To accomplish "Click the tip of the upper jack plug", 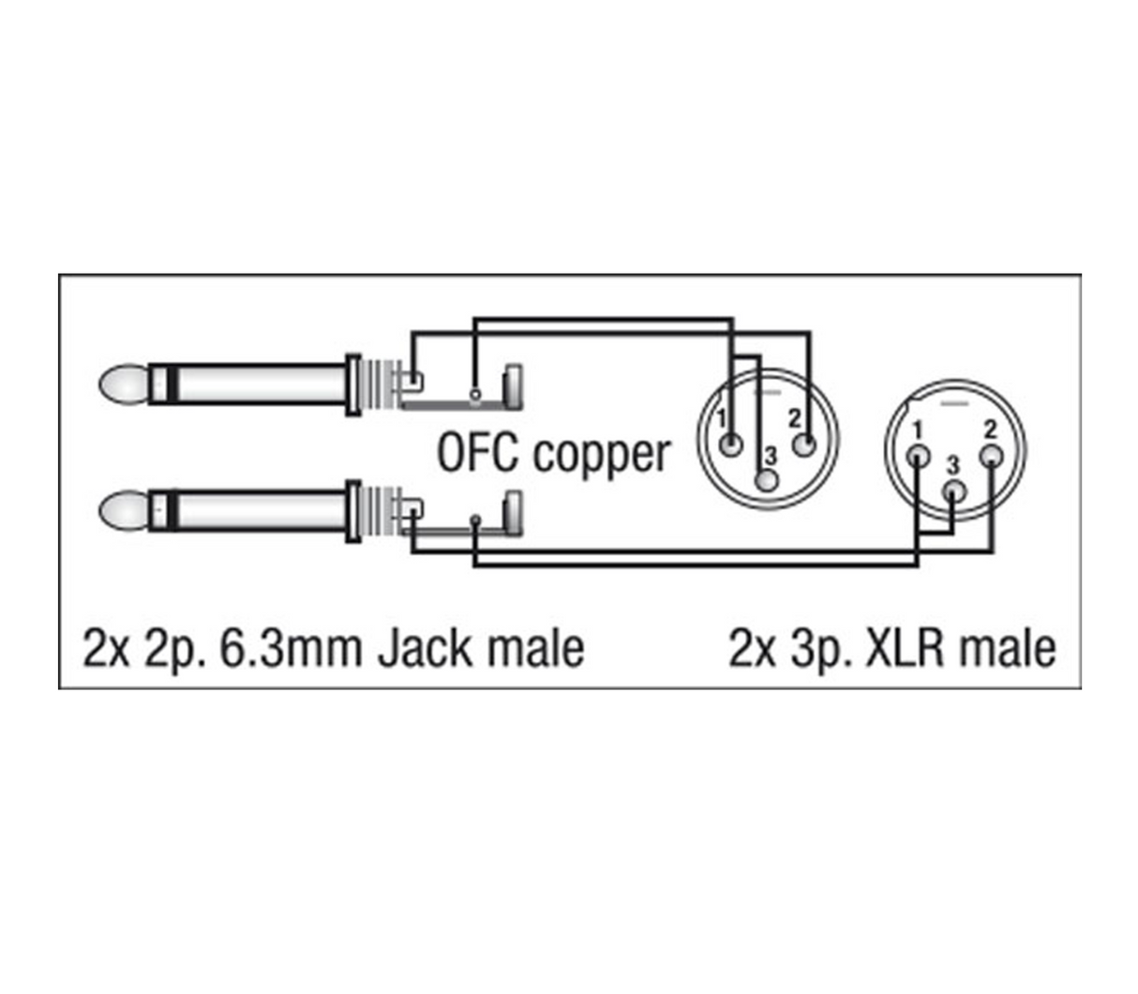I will click(x=122, y=384).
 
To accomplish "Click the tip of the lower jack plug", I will click(x=122, y=511).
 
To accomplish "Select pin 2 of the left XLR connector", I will click(x=802, y=444).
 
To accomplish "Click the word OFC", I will click(x=478, y=453).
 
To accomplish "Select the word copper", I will click(x=602, y=455).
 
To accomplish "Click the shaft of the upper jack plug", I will click(x=253, y=384).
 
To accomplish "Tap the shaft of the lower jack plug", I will click(x=253, y=511).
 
